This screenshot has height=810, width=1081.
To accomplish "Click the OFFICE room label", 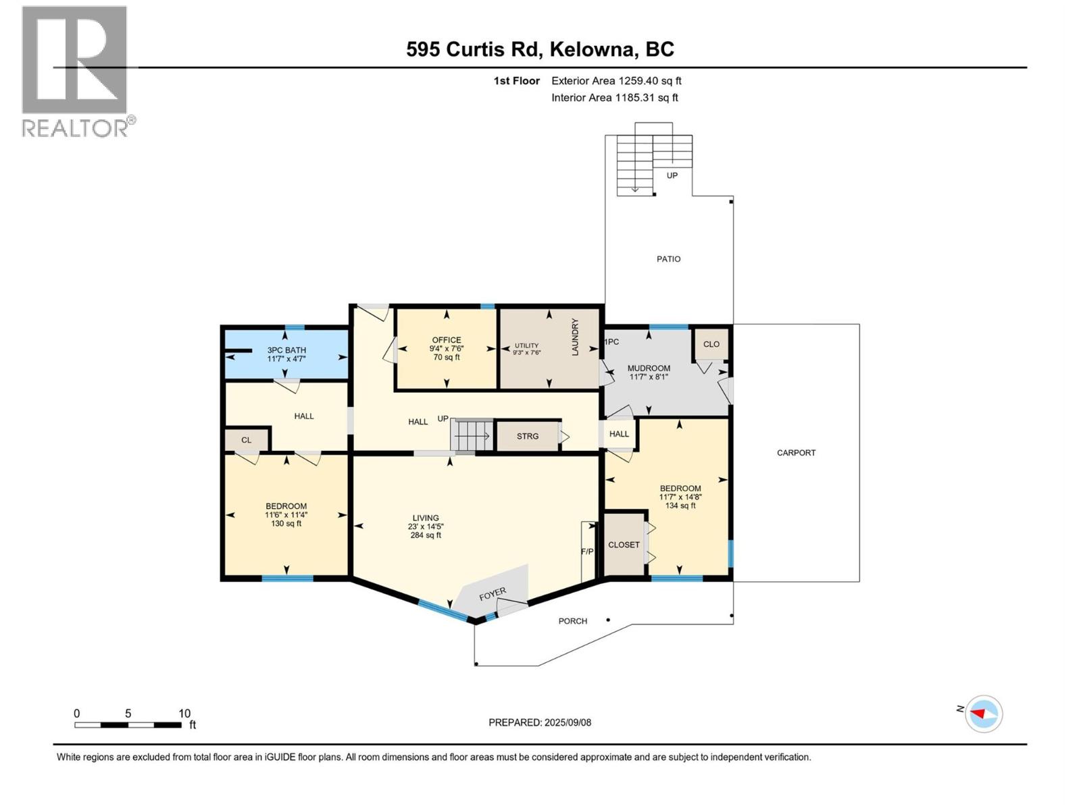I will coord(446,340).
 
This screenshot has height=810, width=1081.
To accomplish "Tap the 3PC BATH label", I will coord(286,350).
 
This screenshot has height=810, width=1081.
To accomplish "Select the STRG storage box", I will coord(528,436).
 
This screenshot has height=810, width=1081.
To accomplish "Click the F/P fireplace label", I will coord(587,551).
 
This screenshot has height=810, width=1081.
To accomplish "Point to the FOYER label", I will coord(493,595).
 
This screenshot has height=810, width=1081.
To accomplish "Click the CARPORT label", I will coord(796,453).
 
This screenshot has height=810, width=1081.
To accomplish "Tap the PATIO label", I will coord(668,259).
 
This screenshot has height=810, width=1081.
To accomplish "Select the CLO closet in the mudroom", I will coord(711,344).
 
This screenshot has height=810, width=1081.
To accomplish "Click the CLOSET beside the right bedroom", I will coord(624,545).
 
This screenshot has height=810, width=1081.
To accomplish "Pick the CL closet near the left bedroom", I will coord(246,440).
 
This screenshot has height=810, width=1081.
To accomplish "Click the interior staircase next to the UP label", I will coord(473,435).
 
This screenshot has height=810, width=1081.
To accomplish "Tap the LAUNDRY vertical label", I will coord(576,337).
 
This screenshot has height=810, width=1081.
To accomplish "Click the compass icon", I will coord(984,713).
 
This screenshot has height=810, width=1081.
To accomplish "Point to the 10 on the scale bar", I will coord(184,713).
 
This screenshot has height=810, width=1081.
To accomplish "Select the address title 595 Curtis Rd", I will coord(540,49).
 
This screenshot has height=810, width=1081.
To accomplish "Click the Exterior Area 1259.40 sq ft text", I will coord(616,81).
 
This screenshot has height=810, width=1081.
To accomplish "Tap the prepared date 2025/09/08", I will coord(566,722).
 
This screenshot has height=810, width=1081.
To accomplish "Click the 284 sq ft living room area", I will coord(426,535).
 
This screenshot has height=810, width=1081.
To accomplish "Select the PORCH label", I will coord(572,621).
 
